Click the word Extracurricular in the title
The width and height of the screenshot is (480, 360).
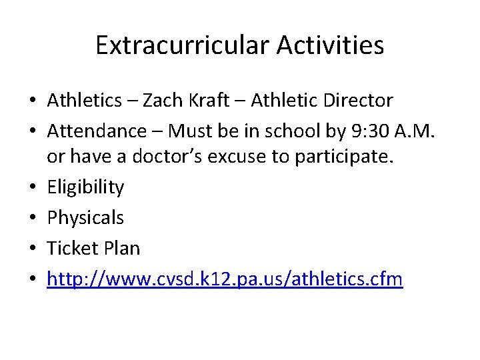pos(182,45)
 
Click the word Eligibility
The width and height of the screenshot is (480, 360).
pos(85,188)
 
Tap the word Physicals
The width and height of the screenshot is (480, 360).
pos(85,218)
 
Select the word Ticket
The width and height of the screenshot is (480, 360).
pos(72,248)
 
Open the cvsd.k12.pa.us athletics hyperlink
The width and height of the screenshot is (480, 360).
pos(225,279)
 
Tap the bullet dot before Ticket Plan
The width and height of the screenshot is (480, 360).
pos(32,249)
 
